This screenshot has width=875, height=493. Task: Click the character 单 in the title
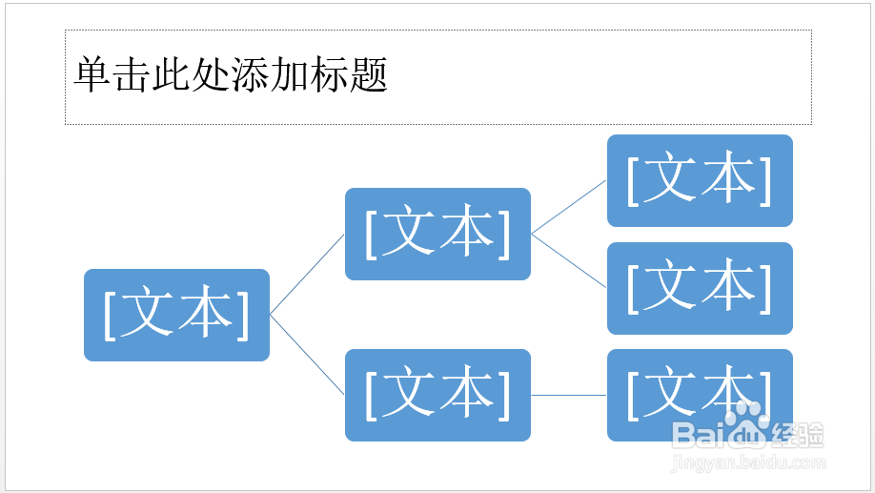[x=92, y=74]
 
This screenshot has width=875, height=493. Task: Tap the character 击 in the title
[x=132, y=74]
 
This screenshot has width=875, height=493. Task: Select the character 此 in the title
[x=171, y=74]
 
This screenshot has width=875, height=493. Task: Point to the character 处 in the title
[x=211, y=74]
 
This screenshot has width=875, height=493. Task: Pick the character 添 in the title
[x=250, y=74]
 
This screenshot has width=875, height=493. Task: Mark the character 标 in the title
[x=329, y=74]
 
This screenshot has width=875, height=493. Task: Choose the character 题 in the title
[x=368, y=74]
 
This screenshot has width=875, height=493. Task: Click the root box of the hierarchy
[x=177, y=315]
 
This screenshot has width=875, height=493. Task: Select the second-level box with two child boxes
[x=438, y=234]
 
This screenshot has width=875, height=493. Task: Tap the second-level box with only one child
[x=438, y=396]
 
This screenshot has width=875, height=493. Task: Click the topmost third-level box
[x=701, y=180]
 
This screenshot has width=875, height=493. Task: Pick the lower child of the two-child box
[x=701, y=288]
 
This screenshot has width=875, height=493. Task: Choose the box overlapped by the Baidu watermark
[x=701, y=396]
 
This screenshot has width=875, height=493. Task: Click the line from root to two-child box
[x=308, y=274]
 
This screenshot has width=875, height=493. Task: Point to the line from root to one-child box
[x=308, y=355]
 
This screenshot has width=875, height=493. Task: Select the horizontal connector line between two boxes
[x=569, y=396]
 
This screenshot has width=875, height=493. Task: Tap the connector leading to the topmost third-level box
[x=569, y=207]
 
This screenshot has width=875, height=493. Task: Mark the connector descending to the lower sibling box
[x=569, y=260]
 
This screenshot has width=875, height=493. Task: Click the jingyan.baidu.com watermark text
[x=748, y=462]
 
